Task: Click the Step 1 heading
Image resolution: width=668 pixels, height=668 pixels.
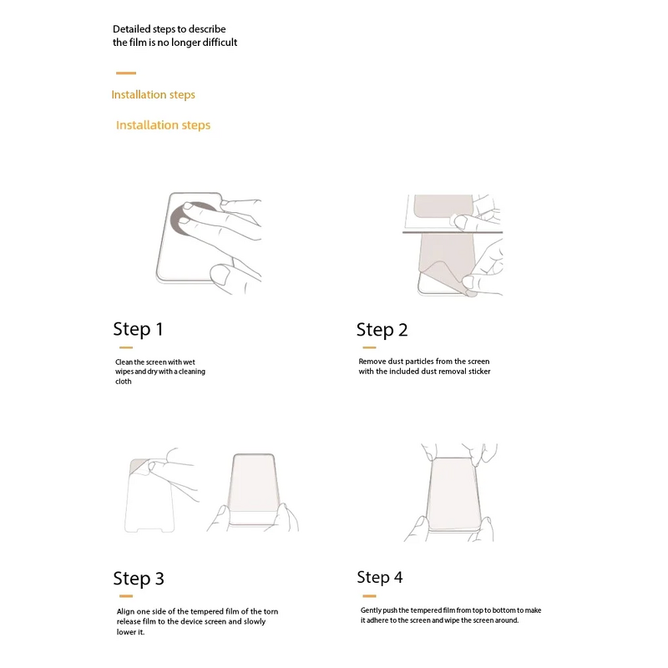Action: click(x=138, y=329)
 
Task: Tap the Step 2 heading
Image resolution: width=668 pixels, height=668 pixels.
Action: click(x=382, y=330)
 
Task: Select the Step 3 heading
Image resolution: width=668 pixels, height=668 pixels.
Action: click(x=139, y=579)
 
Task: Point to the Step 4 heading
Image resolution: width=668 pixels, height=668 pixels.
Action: click(x=380, y=577)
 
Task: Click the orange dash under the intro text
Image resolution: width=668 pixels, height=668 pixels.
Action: click(x=126, y=73)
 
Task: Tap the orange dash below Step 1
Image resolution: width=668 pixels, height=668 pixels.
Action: click(x=126, y=347)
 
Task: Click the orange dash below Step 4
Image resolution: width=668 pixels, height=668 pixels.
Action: click(x=369, y=596)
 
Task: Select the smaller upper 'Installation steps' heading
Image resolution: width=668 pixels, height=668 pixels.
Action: click(x=154, y=94)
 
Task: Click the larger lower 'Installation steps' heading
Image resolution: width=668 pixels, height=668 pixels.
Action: click(x=163, y=125)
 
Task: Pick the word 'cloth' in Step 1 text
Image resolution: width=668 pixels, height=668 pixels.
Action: click(x=123, y=382)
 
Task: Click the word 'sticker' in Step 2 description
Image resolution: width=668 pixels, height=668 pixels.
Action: click(x=479, y=372)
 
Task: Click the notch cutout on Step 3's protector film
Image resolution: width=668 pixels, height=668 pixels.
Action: click(x=149, y=530)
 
